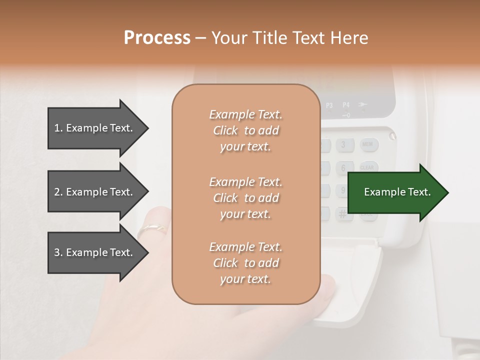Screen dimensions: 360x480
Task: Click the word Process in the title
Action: coord(157,37)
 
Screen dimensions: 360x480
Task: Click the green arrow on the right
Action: coord(397,192)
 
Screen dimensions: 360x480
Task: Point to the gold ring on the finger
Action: coord(152,229)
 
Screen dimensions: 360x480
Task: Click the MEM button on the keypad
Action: coord(368,144)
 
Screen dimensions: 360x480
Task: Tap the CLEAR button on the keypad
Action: coord(368,167)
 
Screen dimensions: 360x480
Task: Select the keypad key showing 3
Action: coord(343,145)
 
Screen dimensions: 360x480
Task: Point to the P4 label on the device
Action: coord(346,105)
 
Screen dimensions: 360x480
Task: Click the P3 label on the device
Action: coord(329,105)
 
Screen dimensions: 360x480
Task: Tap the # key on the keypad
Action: coord(342,214)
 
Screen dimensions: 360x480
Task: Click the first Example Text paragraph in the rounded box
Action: coord(245,130)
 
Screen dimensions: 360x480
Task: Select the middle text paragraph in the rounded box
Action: coord(245,197)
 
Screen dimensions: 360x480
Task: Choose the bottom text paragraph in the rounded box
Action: coord(245,263)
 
